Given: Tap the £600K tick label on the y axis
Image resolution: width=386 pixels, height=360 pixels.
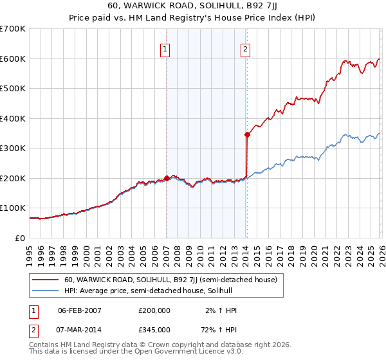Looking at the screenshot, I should click(12, 59).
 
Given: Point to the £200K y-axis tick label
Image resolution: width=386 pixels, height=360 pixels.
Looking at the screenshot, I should click(12, 178).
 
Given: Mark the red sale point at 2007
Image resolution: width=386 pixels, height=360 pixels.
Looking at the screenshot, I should click(167, 178).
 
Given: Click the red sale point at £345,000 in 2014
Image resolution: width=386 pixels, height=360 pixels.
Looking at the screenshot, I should click(247, 134).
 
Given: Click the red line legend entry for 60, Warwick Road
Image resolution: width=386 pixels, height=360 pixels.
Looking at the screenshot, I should click(170, 280).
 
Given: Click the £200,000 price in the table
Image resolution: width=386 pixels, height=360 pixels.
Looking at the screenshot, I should click(154, 310).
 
